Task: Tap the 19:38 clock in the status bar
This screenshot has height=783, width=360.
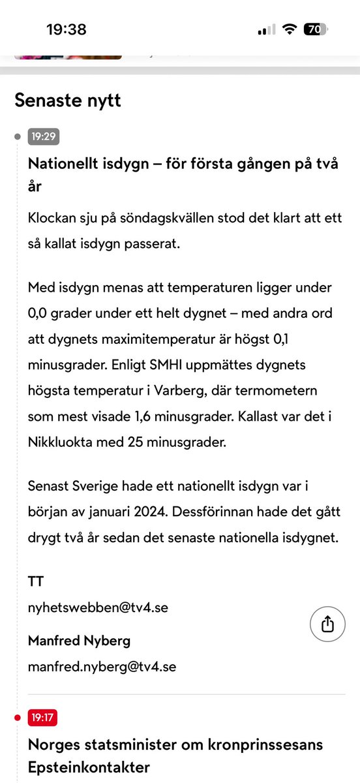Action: [x=66, y=29]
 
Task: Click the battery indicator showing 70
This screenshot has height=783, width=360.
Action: [x=316, y=29]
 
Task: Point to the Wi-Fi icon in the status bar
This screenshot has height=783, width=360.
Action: [x=289, y=29]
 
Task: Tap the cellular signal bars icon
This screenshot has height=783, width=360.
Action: [x=267, y=30]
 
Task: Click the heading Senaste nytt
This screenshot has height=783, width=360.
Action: [x=68, y=100]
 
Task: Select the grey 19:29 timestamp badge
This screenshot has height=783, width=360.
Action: [x=42, y=136]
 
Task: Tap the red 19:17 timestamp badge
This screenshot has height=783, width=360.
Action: [x=42, y=718]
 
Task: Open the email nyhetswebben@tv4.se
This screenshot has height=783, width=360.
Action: [x=98, y=607]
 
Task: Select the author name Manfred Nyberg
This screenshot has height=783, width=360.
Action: [x=79, y=641]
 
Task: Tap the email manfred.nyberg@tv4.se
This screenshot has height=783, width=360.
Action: [x=102, y=667]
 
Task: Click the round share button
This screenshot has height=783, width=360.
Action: [x=327, y=624]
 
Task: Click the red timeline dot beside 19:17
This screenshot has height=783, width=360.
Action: [x=18, y=718]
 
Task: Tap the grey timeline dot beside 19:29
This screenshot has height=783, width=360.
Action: [x=18, y=136]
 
